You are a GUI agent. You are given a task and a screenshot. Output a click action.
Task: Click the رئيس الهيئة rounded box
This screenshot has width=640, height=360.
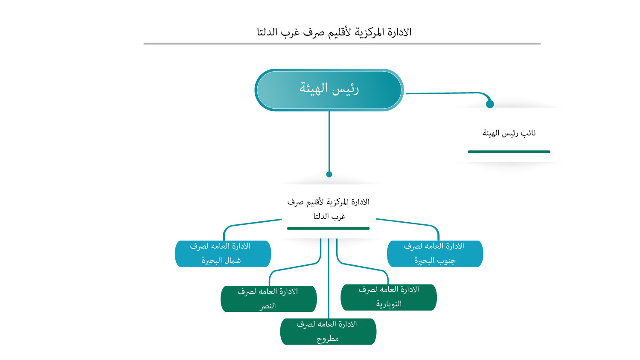click(x=329, y=90)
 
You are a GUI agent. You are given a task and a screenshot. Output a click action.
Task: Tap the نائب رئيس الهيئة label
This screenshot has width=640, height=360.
click(x=509, y=133)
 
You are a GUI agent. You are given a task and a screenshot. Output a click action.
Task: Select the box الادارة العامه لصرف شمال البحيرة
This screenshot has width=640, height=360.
click(x=223, y=253)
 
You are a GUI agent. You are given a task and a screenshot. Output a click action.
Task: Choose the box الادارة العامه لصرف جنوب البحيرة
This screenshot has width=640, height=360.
click(x=435, y=253)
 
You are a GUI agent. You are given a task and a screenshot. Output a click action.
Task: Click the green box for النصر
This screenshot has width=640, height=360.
click(x=268, y=299)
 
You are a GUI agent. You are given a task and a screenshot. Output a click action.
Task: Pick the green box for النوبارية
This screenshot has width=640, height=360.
click(x=389, y=297)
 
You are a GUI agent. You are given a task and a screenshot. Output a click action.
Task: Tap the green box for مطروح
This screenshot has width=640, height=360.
click(x=328, y=331)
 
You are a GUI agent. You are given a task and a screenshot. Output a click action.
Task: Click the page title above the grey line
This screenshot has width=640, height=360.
click(x=334, y=32)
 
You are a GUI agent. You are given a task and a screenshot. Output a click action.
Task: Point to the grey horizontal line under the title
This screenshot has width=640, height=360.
click(x=342, y=44)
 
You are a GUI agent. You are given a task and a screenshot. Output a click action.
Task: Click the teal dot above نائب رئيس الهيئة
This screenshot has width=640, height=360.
click(x=490, y=104)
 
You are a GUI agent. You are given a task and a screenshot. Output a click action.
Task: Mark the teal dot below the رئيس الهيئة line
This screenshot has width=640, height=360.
click(x=329, y=174)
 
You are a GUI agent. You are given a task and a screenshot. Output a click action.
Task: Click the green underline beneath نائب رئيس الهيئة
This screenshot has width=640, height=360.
click(x=509, y=151)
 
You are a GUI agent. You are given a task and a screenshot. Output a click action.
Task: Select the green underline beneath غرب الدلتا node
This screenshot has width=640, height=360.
click(x=328, y=228)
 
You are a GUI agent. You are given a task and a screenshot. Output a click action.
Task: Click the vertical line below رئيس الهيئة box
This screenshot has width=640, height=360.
click(x=329, y=141)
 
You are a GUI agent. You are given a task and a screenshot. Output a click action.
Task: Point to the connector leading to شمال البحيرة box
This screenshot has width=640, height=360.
click(x=252, y=223)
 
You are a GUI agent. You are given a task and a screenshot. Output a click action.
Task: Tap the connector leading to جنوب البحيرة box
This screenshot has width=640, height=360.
click(x=405, y=222)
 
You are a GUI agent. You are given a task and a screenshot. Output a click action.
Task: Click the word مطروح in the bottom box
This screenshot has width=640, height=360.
click(x=328, y=339)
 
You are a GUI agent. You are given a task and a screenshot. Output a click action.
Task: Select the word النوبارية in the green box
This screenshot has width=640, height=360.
click(x=389, y=304)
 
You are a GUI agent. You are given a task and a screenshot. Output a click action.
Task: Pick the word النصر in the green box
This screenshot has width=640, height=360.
click(x=268, y=306)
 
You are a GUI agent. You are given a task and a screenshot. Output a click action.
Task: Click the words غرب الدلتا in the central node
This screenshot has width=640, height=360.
click(x=329, y=216)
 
